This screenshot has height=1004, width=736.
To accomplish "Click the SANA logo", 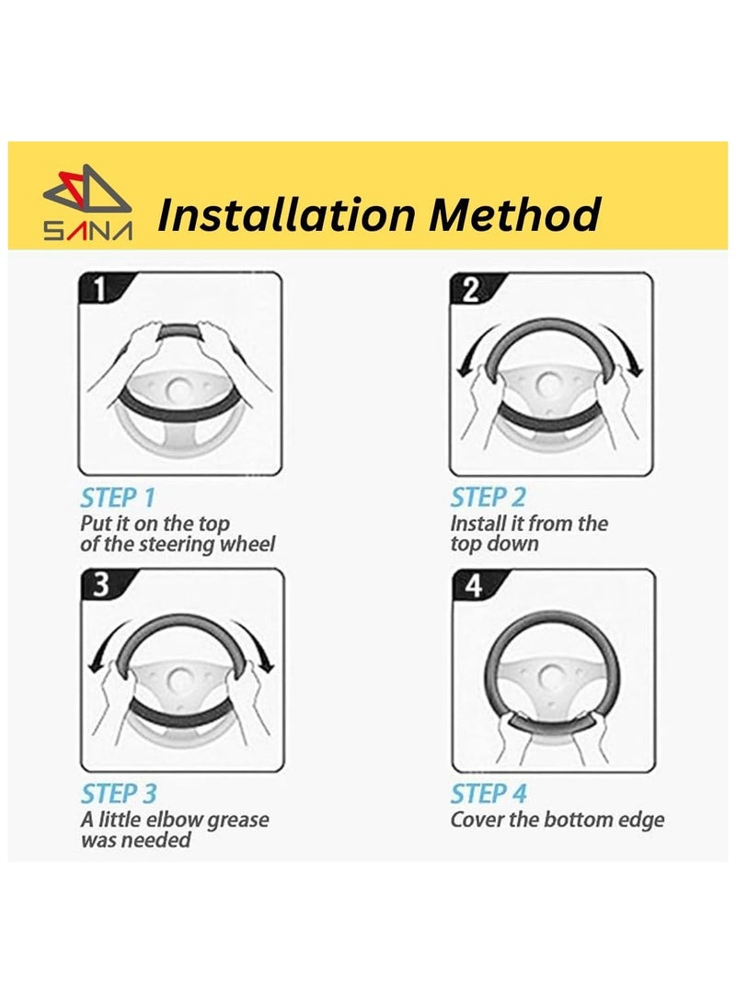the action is (87, 202).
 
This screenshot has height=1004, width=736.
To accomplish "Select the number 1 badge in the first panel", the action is (100, 289).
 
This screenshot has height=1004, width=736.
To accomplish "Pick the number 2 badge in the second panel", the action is (471, 289).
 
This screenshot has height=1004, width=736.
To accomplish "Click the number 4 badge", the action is (474, 585).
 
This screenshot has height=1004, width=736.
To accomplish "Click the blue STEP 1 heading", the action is (118, 498).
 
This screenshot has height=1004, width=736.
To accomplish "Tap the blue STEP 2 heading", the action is (489, 498).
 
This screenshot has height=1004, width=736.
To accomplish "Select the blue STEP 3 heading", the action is (119, 794).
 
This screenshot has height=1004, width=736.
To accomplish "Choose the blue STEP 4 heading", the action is (489, 794).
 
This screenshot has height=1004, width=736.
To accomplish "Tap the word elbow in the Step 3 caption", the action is (175, 820).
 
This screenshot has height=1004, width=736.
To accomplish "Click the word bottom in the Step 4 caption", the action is (573, 820).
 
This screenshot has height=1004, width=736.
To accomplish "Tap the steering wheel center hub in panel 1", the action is (179, 387).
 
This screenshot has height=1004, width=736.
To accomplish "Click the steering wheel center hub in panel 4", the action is (553, 676).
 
